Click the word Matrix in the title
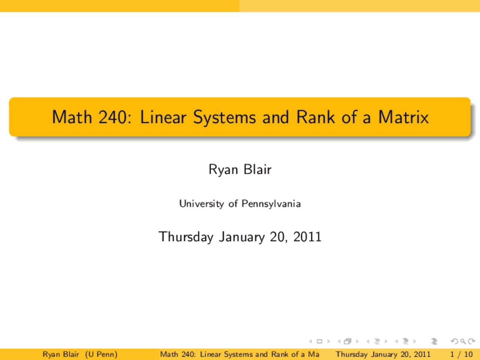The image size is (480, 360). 403,117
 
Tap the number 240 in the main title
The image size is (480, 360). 112,117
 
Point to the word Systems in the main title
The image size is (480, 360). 224,118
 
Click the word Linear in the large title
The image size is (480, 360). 163,117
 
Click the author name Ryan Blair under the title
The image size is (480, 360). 240,169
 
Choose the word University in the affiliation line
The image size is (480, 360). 201,204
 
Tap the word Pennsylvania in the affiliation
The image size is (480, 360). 271,204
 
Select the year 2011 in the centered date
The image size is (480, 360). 307,237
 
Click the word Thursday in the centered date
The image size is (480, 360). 186,237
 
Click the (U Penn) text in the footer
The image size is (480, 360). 101,354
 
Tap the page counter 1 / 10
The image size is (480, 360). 461,354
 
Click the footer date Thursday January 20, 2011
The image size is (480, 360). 383,354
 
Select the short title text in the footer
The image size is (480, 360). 240,354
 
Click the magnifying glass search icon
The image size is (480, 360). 463,341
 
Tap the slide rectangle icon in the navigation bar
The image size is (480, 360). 319,341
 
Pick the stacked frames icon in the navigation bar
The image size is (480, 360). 348,341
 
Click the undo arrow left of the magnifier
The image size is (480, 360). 454,341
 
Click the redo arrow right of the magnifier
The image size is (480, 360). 471,341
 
